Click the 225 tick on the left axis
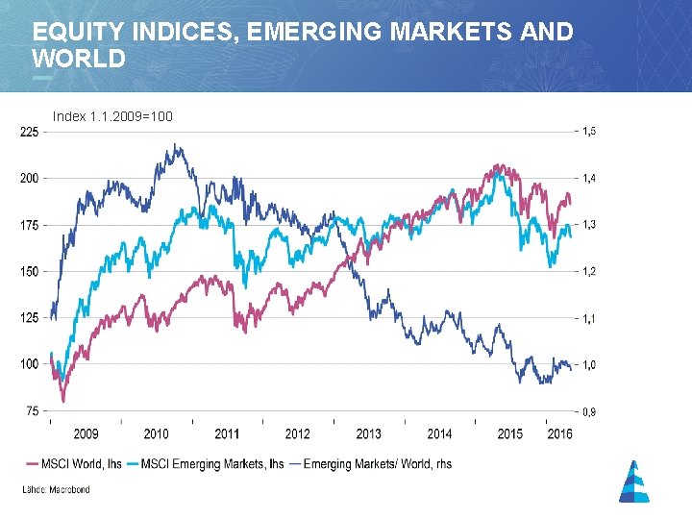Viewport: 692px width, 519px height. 29,133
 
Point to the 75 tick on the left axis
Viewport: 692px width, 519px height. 31,411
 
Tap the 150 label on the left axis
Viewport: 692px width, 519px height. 29,272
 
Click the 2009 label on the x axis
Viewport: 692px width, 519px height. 86,434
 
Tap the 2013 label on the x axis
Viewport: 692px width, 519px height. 369,434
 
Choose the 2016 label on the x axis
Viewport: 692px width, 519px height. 558,434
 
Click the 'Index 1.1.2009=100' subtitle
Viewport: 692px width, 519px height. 112,116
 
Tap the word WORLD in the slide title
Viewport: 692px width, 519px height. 79,59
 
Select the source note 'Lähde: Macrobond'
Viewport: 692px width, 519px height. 57,490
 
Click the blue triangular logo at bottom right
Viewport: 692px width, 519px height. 633,481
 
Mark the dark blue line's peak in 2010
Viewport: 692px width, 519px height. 176,144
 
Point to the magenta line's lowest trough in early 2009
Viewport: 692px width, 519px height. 63,401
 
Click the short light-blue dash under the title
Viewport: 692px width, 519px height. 42,77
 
